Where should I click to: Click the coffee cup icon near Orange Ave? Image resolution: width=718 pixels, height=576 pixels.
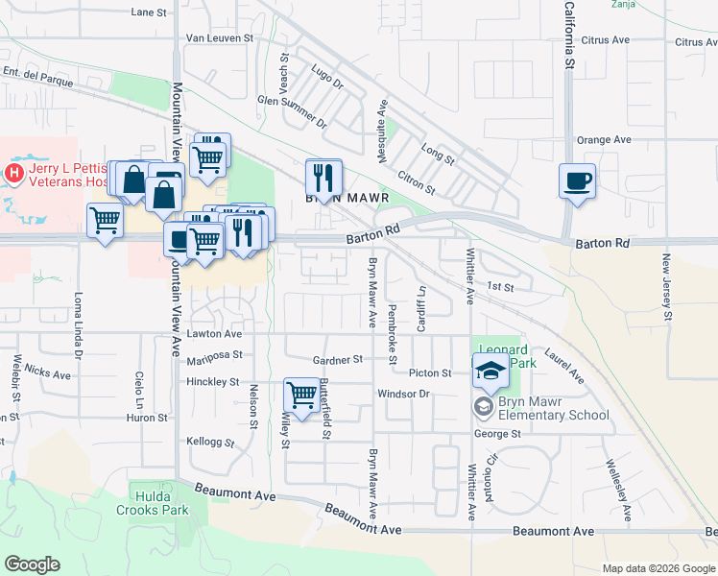pos(577,180)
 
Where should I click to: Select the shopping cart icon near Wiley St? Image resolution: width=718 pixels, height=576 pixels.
pos(302,395)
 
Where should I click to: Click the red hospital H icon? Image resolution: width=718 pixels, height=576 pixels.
pos(14,173)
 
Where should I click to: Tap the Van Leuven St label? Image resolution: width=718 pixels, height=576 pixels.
pos(219,38)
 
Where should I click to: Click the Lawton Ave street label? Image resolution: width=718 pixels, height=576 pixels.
pos(214,334)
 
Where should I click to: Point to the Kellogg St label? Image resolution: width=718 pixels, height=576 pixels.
pos(212,442)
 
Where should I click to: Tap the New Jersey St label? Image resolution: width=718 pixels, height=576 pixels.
pos(666,287)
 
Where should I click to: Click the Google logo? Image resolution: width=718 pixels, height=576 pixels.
pos(32,564)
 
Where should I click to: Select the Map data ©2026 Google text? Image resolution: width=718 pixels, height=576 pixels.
pos(658,568)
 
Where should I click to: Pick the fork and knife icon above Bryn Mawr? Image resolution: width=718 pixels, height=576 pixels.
pos(323,177)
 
